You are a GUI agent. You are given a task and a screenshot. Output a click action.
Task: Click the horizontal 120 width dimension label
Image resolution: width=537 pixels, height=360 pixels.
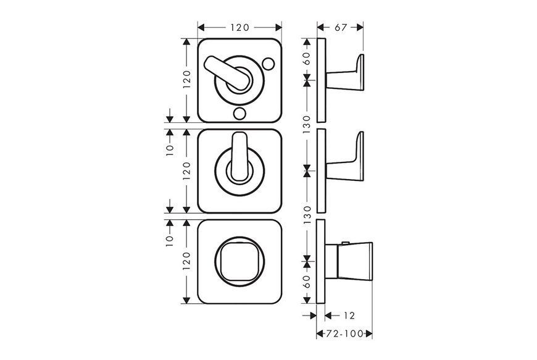click(x=239, y=27)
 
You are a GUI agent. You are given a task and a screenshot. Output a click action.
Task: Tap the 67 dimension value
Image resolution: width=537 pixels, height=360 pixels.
click(x=341, y=27)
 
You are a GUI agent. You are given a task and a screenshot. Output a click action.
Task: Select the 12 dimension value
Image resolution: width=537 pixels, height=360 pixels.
click(x=349, y=316)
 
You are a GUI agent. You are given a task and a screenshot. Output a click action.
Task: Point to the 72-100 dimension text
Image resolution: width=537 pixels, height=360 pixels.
click(x=344, y=333)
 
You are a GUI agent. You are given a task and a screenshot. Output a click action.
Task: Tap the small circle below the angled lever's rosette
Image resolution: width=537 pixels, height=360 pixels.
click(x=239, y=112)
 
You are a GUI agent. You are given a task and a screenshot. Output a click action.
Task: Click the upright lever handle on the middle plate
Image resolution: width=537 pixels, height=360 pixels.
click(x=239, y=157)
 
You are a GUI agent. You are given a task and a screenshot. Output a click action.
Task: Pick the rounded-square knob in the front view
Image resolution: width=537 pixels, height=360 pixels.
click(x=239, y=262)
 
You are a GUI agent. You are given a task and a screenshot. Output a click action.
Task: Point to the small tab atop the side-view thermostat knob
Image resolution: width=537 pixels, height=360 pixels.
click(x=345, y=243)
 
